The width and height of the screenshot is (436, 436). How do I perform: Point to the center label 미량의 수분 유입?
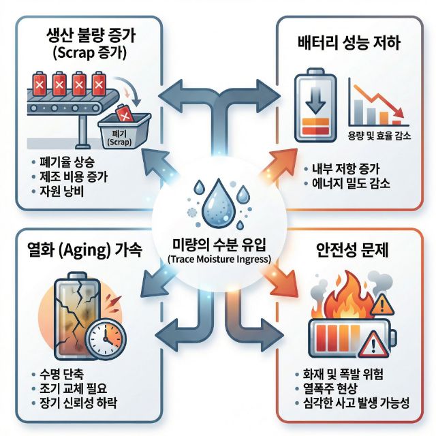[218, 245]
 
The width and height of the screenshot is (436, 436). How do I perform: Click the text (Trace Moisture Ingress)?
[218, 259]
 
